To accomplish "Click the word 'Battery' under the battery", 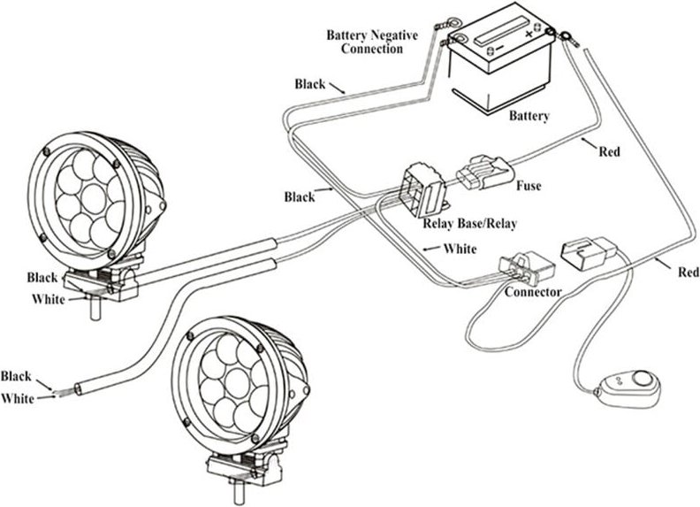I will (x=529, y=116).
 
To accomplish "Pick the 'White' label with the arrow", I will (x=460, y=249).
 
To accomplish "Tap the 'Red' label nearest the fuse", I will (x=609, y=151).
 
